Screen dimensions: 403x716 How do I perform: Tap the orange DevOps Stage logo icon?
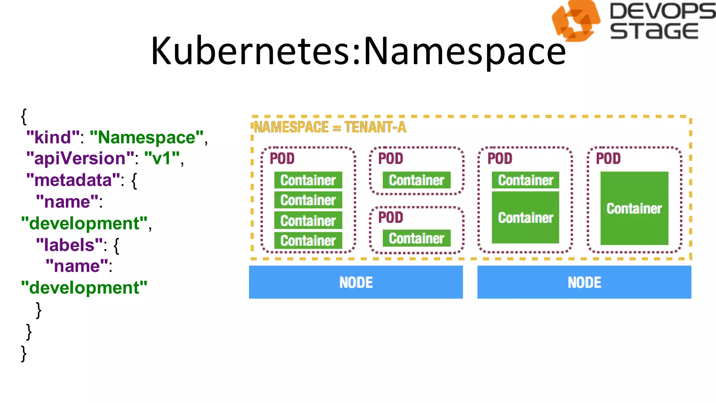click(x=575, y=21)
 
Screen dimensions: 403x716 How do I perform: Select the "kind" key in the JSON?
click(x=53, y=137)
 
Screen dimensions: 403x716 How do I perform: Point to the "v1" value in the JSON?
click(x=162, y=158)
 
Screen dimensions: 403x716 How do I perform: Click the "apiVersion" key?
click(x=80, y=158)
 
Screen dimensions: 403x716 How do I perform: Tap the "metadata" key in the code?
click(x=73, y=180)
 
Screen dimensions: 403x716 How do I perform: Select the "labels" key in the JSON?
click(x=70, y=245)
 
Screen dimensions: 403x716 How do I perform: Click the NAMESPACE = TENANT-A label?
click(x=330, y=127)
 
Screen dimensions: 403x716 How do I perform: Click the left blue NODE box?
click(x=356, y=282)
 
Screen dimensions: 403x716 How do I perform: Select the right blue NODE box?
click(x=584, y=282)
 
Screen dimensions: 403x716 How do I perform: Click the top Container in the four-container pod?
click(x=308, y=180)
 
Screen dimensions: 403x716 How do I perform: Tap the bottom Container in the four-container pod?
click(x=308, y=241)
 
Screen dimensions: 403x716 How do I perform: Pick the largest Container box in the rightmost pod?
click(x=634, y=208)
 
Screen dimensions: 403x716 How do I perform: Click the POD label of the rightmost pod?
click(x=608, y=158)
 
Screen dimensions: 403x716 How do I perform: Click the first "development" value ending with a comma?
click(x=84, y=224)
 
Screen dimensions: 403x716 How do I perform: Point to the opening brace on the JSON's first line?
click(x=24, y=116)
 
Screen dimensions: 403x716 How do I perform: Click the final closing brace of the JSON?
click(x=24, y=353)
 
